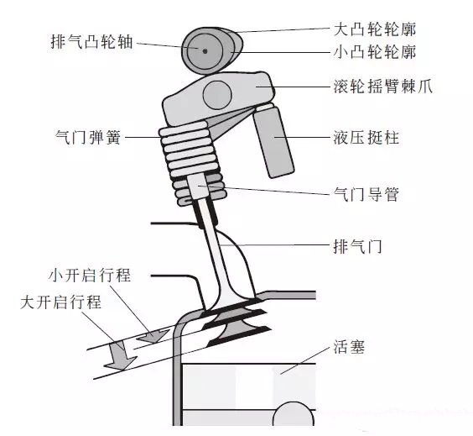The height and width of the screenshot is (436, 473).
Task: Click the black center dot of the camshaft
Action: (x=204, y=49)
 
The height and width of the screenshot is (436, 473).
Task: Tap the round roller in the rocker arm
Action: (x=219, y=92)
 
